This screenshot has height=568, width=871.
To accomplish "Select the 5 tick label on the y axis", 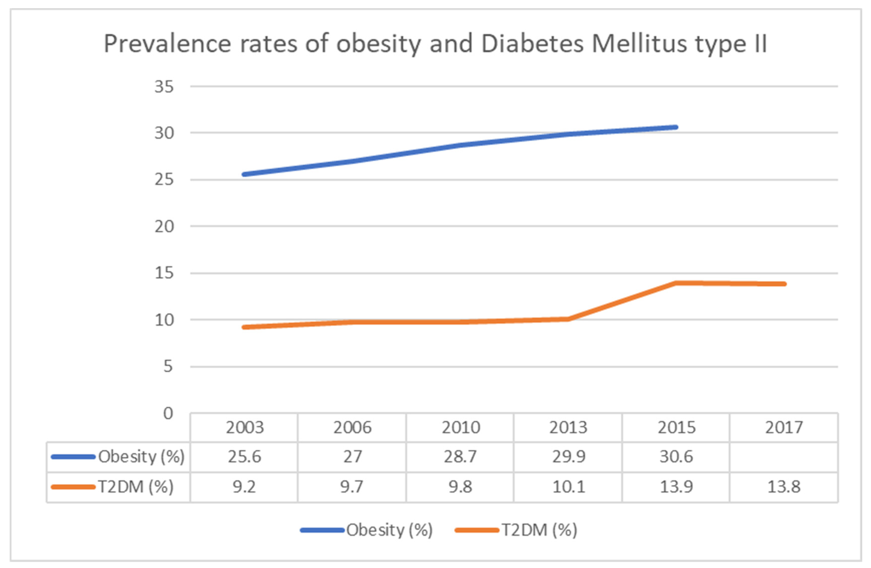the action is coord(168,367).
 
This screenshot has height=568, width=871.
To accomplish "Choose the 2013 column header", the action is coord(568,427).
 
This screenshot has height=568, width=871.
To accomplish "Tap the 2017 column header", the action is coord(784,427).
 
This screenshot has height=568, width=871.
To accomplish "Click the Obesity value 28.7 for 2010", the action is coord(460,457).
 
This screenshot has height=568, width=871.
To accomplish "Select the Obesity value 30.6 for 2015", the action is coord(676,457).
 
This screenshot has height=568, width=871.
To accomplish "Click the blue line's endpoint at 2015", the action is coord(676,127).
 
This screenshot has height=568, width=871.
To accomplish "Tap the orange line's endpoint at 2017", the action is coord(784,284).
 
